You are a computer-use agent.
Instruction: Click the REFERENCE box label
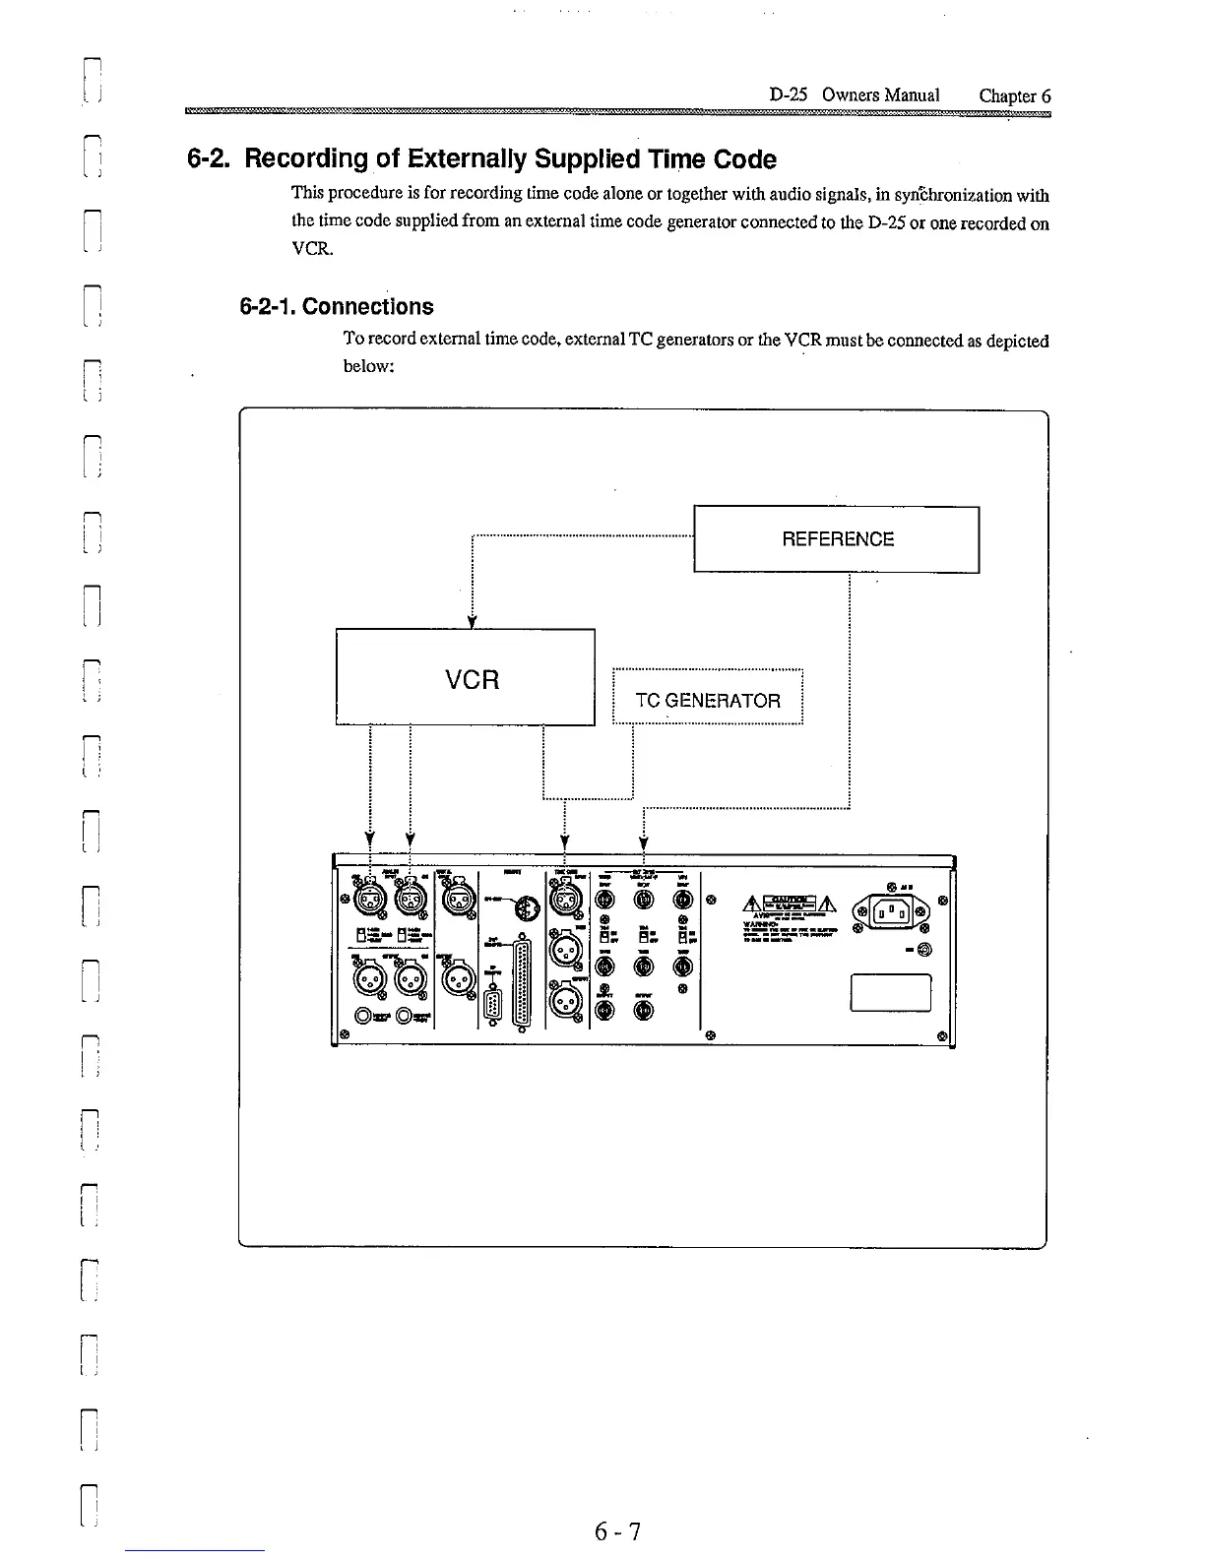coord(838,539)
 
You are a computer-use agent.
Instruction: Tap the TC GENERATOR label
coord(708,701)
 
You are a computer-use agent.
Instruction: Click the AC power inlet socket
coord(890,911)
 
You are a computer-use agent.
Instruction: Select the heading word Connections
coord(367,306)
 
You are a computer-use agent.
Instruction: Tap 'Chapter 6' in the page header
coord(1014,95)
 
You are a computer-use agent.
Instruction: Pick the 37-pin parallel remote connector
coord(522,978)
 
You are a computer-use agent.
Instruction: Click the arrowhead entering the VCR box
coord(473,621)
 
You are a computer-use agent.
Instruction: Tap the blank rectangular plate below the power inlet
coord(891,992)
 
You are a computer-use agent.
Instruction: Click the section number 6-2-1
coord(268,306)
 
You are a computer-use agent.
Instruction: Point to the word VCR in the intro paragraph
coord(308,249)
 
